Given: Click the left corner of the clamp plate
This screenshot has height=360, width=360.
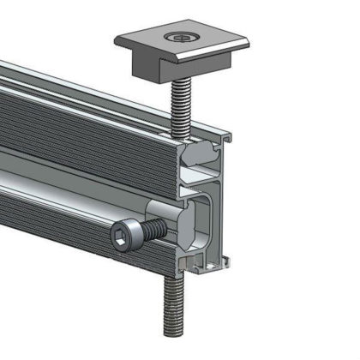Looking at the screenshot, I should pyautogui.click(x=117, y=39).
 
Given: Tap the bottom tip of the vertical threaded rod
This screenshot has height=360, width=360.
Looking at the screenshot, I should pyautogui.click(x=171, y=342).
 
